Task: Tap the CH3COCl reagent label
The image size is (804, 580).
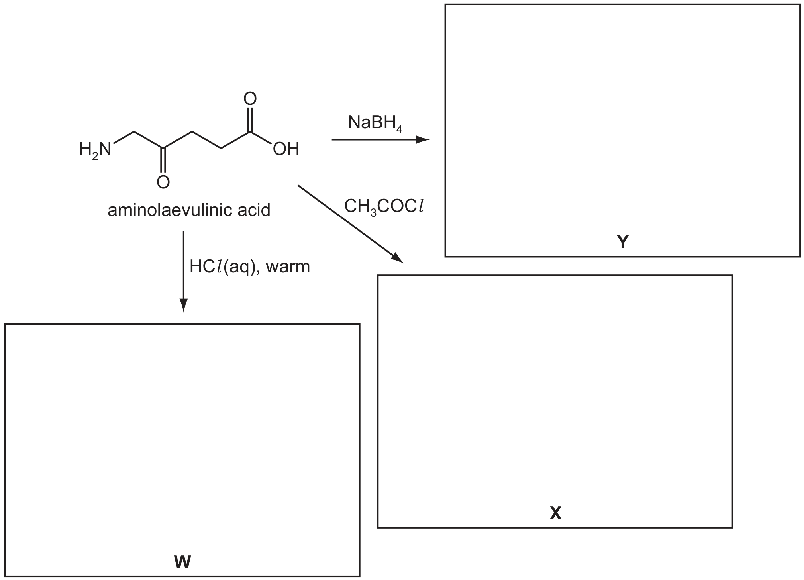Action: point(384,207)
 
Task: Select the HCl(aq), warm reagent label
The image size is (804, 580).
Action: point(249,266)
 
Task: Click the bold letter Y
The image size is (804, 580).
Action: point(622,241)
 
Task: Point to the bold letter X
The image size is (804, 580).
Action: point(555,513)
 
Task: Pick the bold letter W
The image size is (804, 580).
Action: point(182,562)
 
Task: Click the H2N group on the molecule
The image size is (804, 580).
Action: point(95,150)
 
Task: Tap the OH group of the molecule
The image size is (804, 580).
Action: point(286,149)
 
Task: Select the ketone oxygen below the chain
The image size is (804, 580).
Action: point(163,182)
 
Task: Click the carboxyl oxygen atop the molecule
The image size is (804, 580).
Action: point(250,98)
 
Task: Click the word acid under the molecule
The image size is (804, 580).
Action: point(254,210)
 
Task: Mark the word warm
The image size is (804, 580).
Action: point(288,267)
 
